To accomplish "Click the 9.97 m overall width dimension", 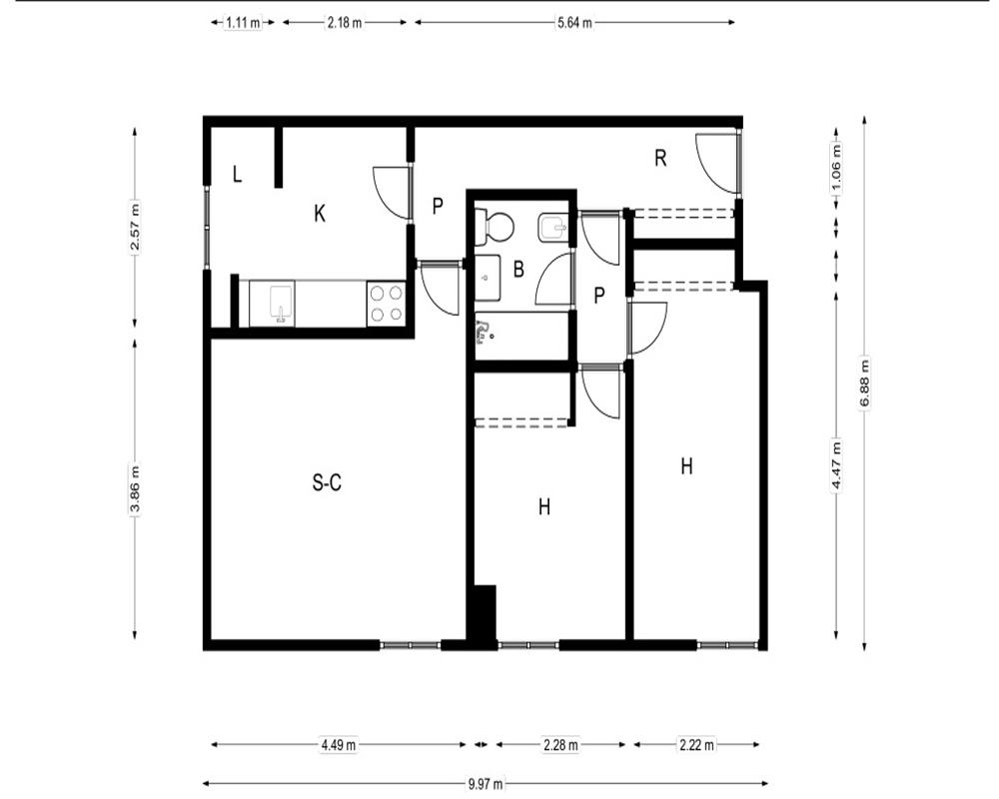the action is coord(486,784).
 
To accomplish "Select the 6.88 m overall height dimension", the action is coord(864,384).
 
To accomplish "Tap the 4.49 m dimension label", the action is coord(339,744).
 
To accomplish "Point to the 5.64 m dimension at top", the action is coord(574,22).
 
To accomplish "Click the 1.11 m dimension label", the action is coord(243,22).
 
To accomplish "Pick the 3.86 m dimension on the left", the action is coord(135,489).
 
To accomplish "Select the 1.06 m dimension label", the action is coord(836,168).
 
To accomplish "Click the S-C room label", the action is coord(327,483).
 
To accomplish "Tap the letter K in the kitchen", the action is coord(320,214).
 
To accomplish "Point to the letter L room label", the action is coord(237,174).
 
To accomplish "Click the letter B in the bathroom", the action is coord(518,269).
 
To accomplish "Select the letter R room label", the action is coord(660,158).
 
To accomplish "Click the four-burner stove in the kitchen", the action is coord(387,304).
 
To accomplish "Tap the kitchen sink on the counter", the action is coord(281,304).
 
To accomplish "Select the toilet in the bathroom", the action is coord(495,228).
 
